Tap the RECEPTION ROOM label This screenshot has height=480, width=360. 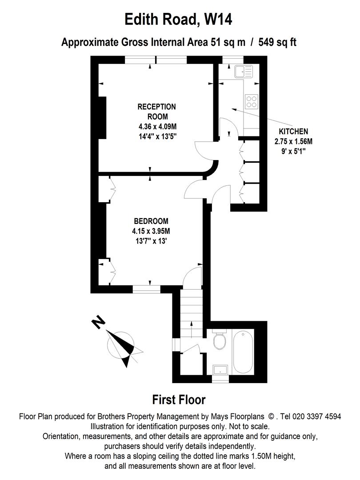(156, 112)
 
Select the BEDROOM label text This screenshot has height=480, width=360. (151, 221)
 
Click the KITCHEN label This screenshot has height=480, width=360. (293, 132)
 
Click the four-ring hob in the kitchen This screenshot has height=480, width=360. (252, 101)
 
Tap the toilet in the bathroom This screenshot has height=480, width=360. (220, 341)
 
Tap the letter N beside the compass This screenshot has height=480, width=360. (100, 322)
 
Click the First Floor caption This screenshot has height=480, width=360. (179, 400)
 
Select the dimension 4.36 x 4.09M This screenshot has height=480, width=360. (156, 127)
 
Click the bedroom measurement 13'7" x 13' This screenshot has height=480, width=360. (151, 241)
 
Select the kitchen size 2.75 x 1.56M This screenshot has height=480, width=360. (293, 141)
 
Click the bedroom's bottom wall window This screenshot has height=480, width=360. (147, 289)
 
